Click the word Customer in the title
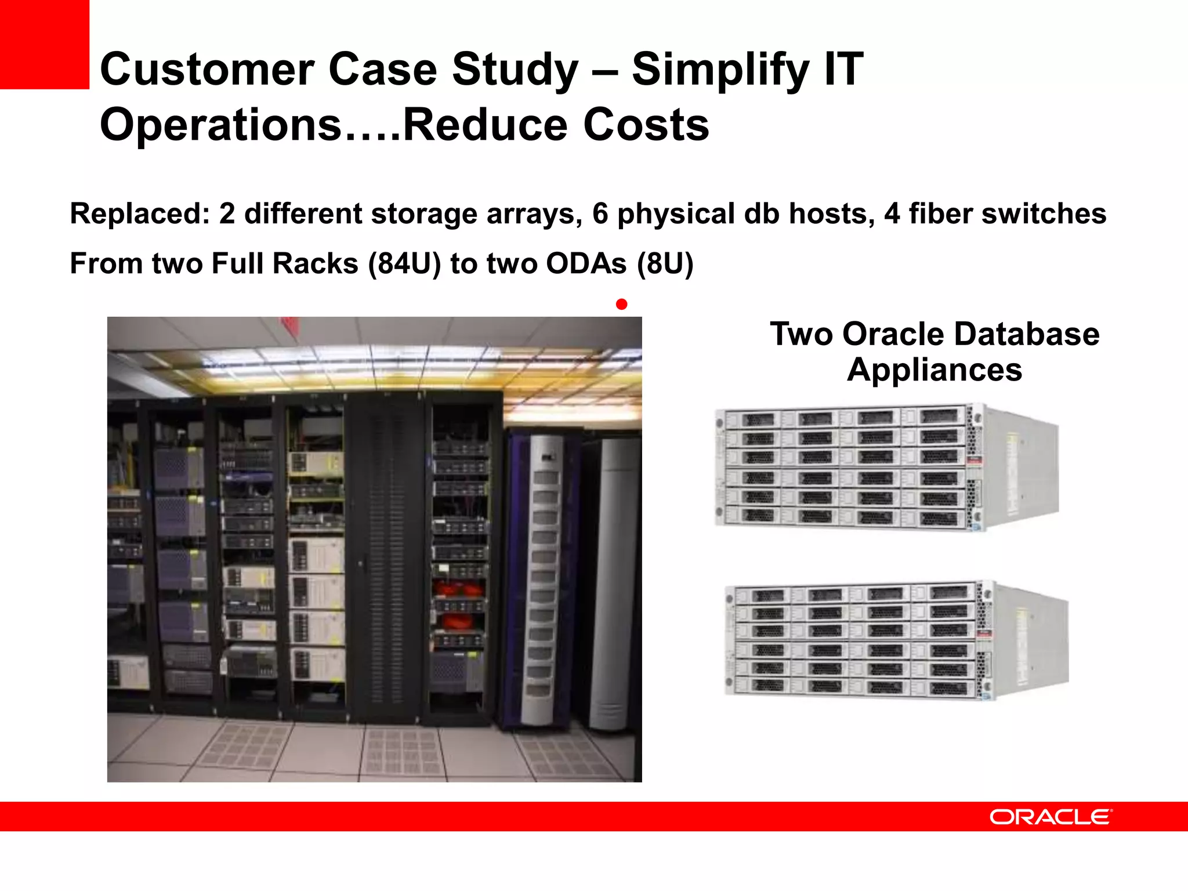[207, 70]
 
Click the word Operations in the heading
[220, 125]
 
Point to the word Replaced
[139, 213]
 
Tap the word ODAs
[586, 264]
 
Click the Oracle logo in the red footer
[1050, 817]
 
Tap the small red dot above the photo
[621, 304]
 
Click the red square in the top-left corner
[44, 44]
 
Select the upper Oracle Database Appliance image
[886, 467]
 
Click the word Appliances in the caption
[934, 370]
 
